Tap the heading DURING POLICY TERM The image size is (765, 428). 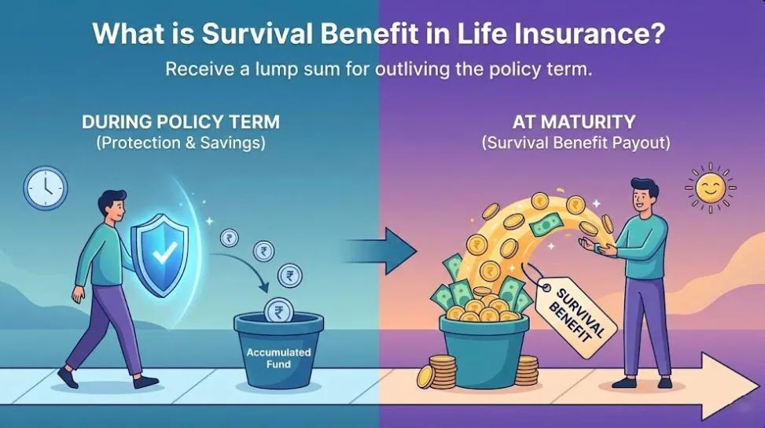(180, 123)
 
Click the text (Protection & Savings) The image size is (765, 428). (180, 143)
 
